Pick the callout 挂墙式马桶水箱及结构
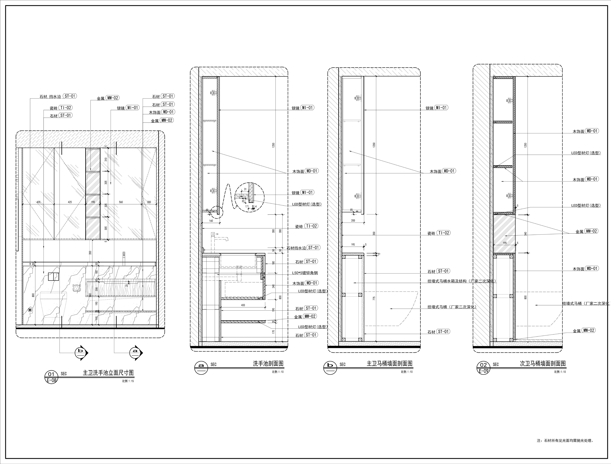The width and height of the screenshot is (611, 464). point(461,281)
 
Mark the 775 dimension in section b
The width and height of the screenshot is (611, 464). point(374,298)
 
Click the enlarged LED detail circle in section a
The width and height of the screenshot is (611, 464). point(250,197)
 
